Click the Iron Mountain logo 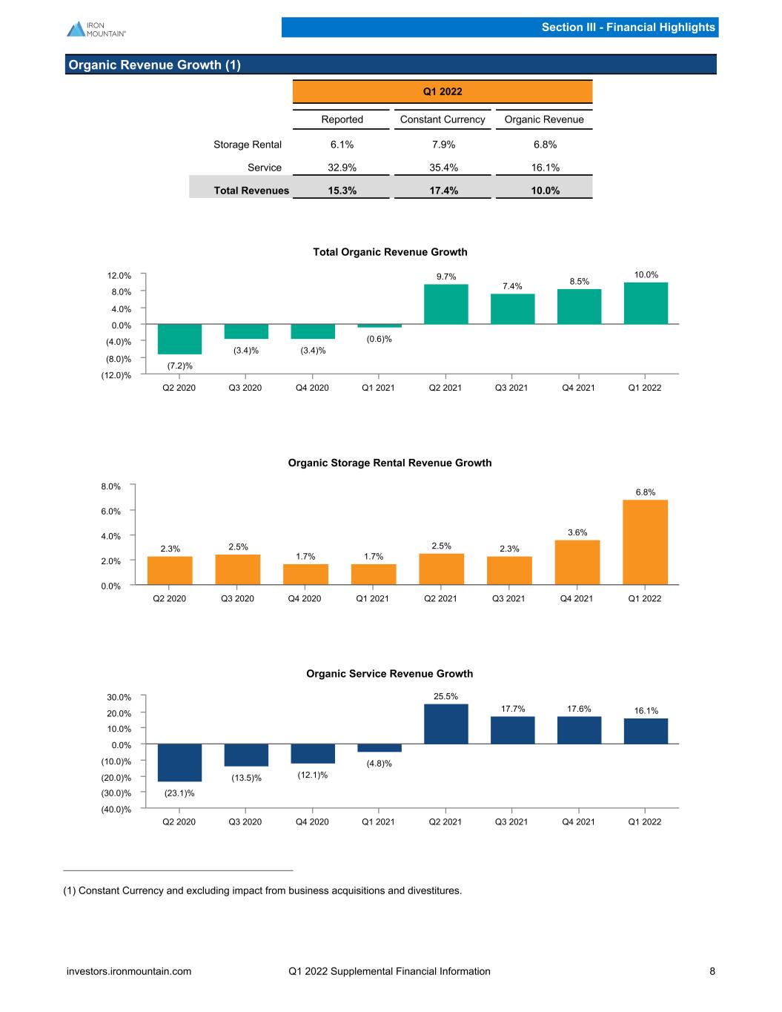[96, 29]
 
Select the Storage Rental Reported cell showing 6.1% [342, 145]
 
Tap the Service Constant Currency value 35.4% [443, 168]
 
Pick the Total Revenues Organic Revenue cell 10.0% [545, 191]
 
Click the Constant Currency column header [443, 119]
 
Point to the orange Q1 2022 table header [443, 92]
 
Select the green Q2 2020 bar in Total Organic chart [179, 339]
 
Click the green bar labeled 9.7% [446, 304]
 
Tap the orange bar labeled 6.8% [645, 542]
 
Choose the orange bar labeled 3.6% [577, 562]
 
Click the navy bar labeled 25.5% [446, 724]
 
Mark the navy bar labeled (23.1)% [179, 762]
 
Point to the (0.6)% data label [379, 339]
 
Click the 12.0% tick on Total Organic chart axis [119, 276]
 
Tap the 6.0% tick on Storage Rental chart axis [110, 512]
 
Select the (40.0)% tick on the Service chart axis [116, 810]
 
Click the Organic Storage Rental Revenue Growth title [390, 463]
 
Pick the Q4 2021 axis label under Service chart [578, 822]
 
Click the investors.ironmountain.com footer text [129, 971]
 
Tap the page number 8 [712, 971]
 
